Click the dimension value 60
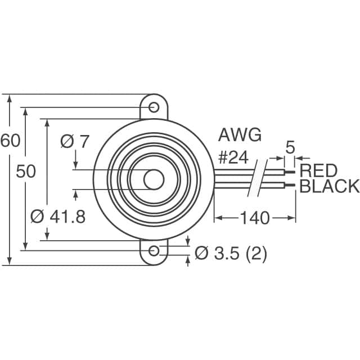click(10, 141)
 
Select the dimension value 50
click(25, 172)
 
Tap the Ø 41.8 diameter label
click(56, 217)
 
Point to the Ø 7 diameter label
click(74, 142)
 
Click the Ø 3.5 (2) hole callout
click(231, 254)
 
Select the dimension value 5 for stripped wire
click(290, 147)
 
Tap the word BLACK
click(329, 187)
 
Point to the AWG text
click(240, 136)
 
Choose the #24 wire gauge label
click(233, 157)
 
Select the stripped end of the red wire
click(290, 170)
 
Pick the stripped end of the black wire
click(290, 183)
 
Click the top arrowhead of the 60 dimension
click(10, 99)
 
